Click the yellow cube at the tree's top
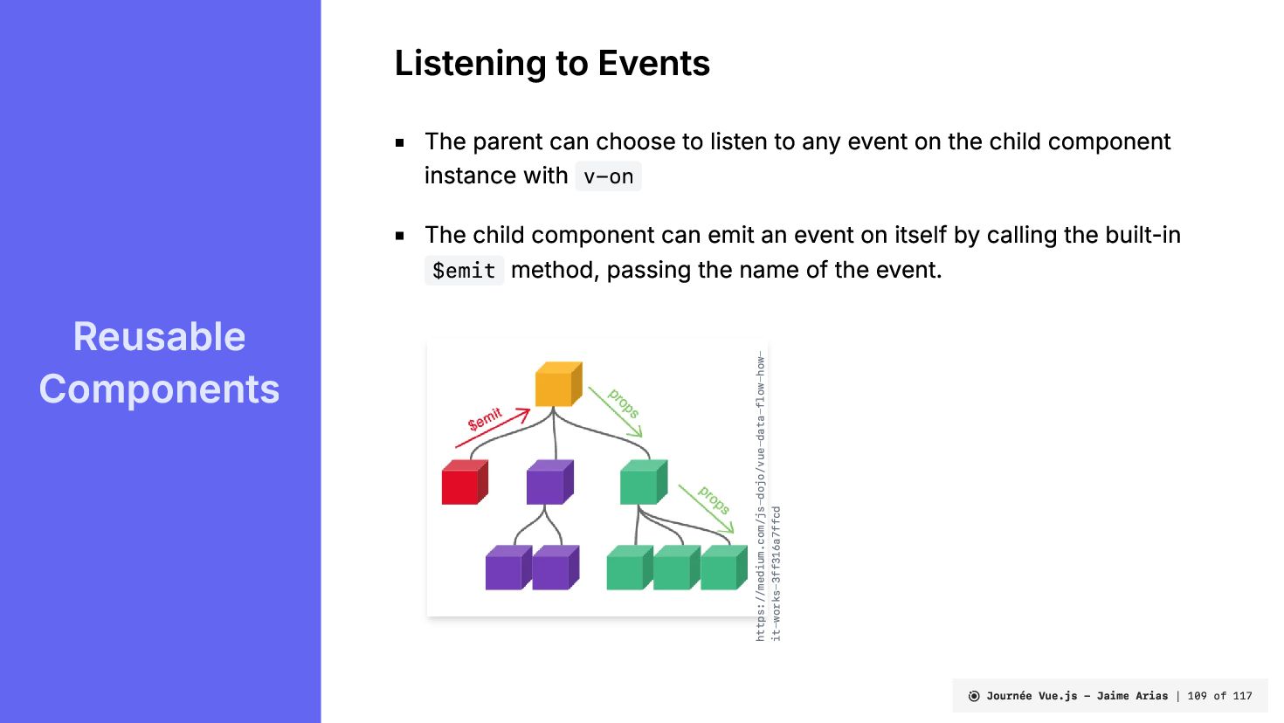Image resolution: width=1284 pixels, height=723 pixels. coord(558,384)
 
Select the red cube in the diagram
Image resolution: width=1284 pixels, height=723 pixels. coord(465,482)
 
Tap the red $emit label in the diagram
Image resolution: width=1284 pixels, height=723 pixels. coord(485,419)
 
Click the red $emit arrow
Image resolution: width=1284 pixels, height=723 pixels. coord(493,427)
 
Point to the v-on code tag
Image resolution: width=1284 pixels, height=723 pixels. coord(608,176)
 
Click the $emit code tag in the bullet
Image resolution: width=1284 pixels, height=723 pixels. coord(464,271)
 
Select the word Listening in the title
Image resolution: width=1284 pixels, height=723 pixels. coord(470,63)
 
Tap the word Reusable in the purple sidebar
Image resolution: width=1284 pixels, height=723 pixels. coord(159,336)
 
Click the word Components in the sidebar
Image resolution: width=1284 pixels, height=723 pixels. coord(159,389)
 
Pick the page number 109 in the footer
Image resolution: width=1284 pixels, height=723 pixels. coord(1197,696)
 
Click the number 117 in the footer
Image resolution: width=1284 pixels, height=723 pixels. coord(1242,696)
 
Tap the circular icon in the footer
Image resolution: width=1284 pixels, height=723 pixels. coord(973,696)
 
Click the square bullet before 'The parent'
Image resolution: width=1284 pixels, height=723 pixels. coord(399,142)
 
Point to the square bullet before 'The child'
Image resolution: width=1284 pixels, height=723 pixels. coord(399,236)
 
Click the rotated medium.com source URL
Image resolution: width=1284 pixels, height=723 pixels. coord(768,496)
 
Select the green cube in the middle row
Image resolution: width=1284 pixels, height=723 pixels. coord(644,482)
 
